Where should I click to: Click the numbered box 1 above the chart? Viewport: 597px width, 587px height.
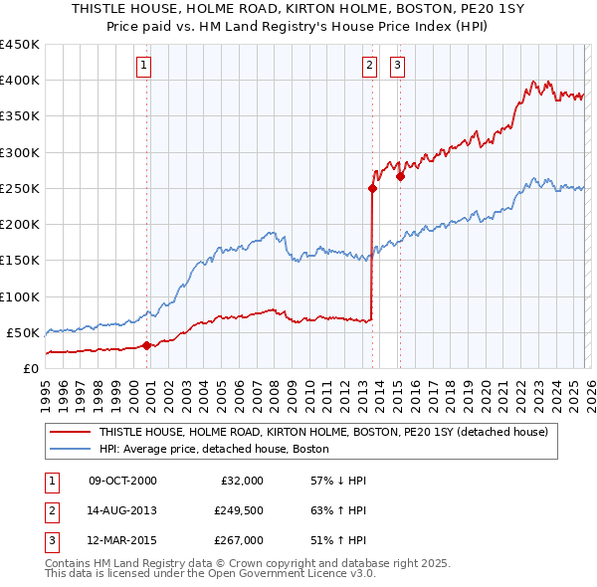tap(145, 67)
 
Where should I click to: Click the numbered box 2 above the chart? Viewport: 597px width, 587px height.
tap(369, 67)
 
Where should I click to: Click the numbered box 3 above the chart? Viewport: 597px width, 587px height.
tap(397, 67)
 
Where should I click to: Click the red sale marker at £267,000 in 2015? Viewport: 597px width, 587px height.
tap(400, 176)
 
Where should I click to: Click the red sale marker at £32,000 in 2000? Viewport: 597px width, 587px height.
tap(146, 345)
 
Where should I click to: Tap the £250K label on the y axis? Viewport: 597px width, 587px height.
tap(20, 188)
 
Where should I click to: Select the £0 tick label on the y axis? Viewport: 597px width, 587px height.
tap(30, 368)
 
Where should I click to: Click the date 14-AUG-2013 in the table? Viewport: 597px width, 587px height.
tap(122, 510)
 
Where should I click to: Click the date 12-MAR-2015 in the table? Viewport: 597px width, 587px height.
tap(122, 540)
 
